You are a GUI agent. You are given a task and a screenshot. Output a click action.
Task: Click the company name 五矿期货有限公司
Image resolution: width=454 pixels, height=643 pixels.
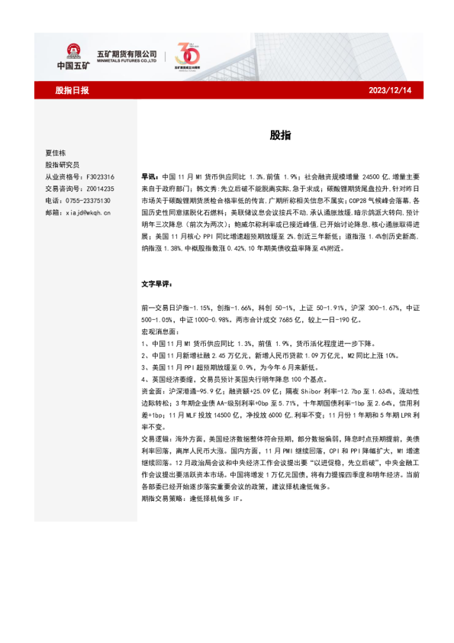pyautogui.click(x=126, y=53)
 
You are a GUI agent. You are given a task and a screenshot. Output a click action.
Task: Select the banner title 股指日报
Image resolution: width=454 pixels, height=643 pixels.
pyautogui.click(x=72, y=90)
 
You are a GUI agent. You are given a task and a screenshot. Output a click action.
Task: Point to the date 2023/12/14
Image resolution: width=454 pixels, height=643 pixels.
pyautogui.click(x=389, y=90)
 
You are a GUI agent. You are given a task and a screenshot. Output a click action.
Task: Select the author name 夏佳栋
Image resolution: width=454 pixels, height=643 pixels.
pyautogui.click(x=57, y=153)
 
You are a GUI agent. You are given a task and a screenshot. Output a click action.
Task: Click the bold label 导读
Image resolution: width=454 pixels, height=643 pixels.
pyautogui.click(x=150, y=176)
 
